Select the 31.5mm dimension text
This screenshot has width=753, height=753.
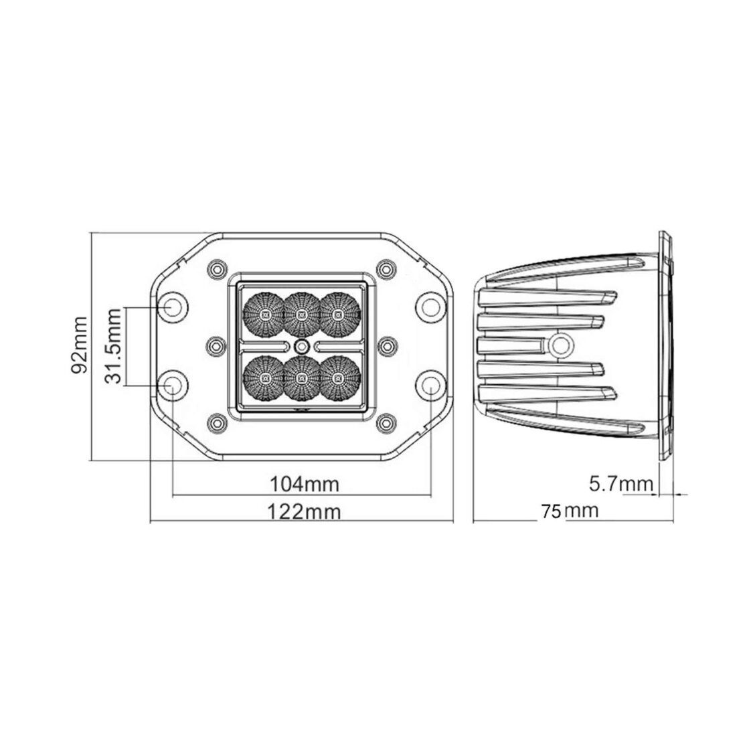pyautogui.click(x=114, y=345)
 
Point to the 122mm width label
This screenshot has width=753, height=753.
pyautogui.click(x=304, y=512)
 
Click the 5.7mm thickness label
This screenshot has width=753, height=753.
pyautogui.click(x=620, y=483)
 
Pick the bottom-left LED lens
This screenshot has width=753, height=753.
pyautogui.click(x=265, y=378)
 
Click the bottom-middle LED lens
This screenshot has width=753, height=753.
pyautogui.click(x=302, y=378)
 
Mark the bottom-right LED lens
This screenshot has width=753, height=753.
pyautogui.click(x=339, y=378)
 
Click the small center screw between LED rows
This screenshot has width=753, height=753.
pyautogui.click(x=302, y=345)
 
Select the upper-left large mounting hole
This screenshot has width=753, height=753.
pyautogui.click(x=173, y=307)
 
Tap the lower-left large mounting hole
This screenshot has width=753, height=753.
pyautogui.click(x=173, y=385)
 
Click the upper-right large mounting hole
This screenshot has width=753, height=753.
pyautogui.click(x=430, y=307)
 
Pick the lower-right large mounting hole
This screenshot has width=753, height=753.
pyautogui.click(x=430, y=385)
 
